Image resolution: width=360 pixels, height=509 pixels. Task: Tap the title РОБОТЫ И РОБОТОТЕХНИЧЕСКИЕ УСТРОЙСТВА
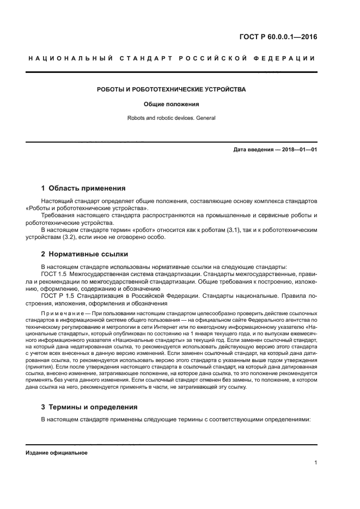point(171,89)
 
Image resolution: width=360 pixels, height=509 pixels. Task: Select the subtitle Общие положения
point(171,103)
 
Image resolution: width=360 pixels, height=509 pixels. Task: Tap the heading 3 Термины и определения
point(89,407)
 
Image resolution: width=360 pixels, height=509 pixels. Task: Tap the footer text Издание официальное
point(57,453)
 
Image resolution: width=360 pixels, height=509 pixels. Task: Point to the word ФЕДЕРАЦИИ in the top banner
point(289,58)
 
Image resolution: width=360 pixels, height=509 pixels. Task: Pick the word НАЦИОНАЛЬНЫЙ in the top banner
point(70,58)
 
